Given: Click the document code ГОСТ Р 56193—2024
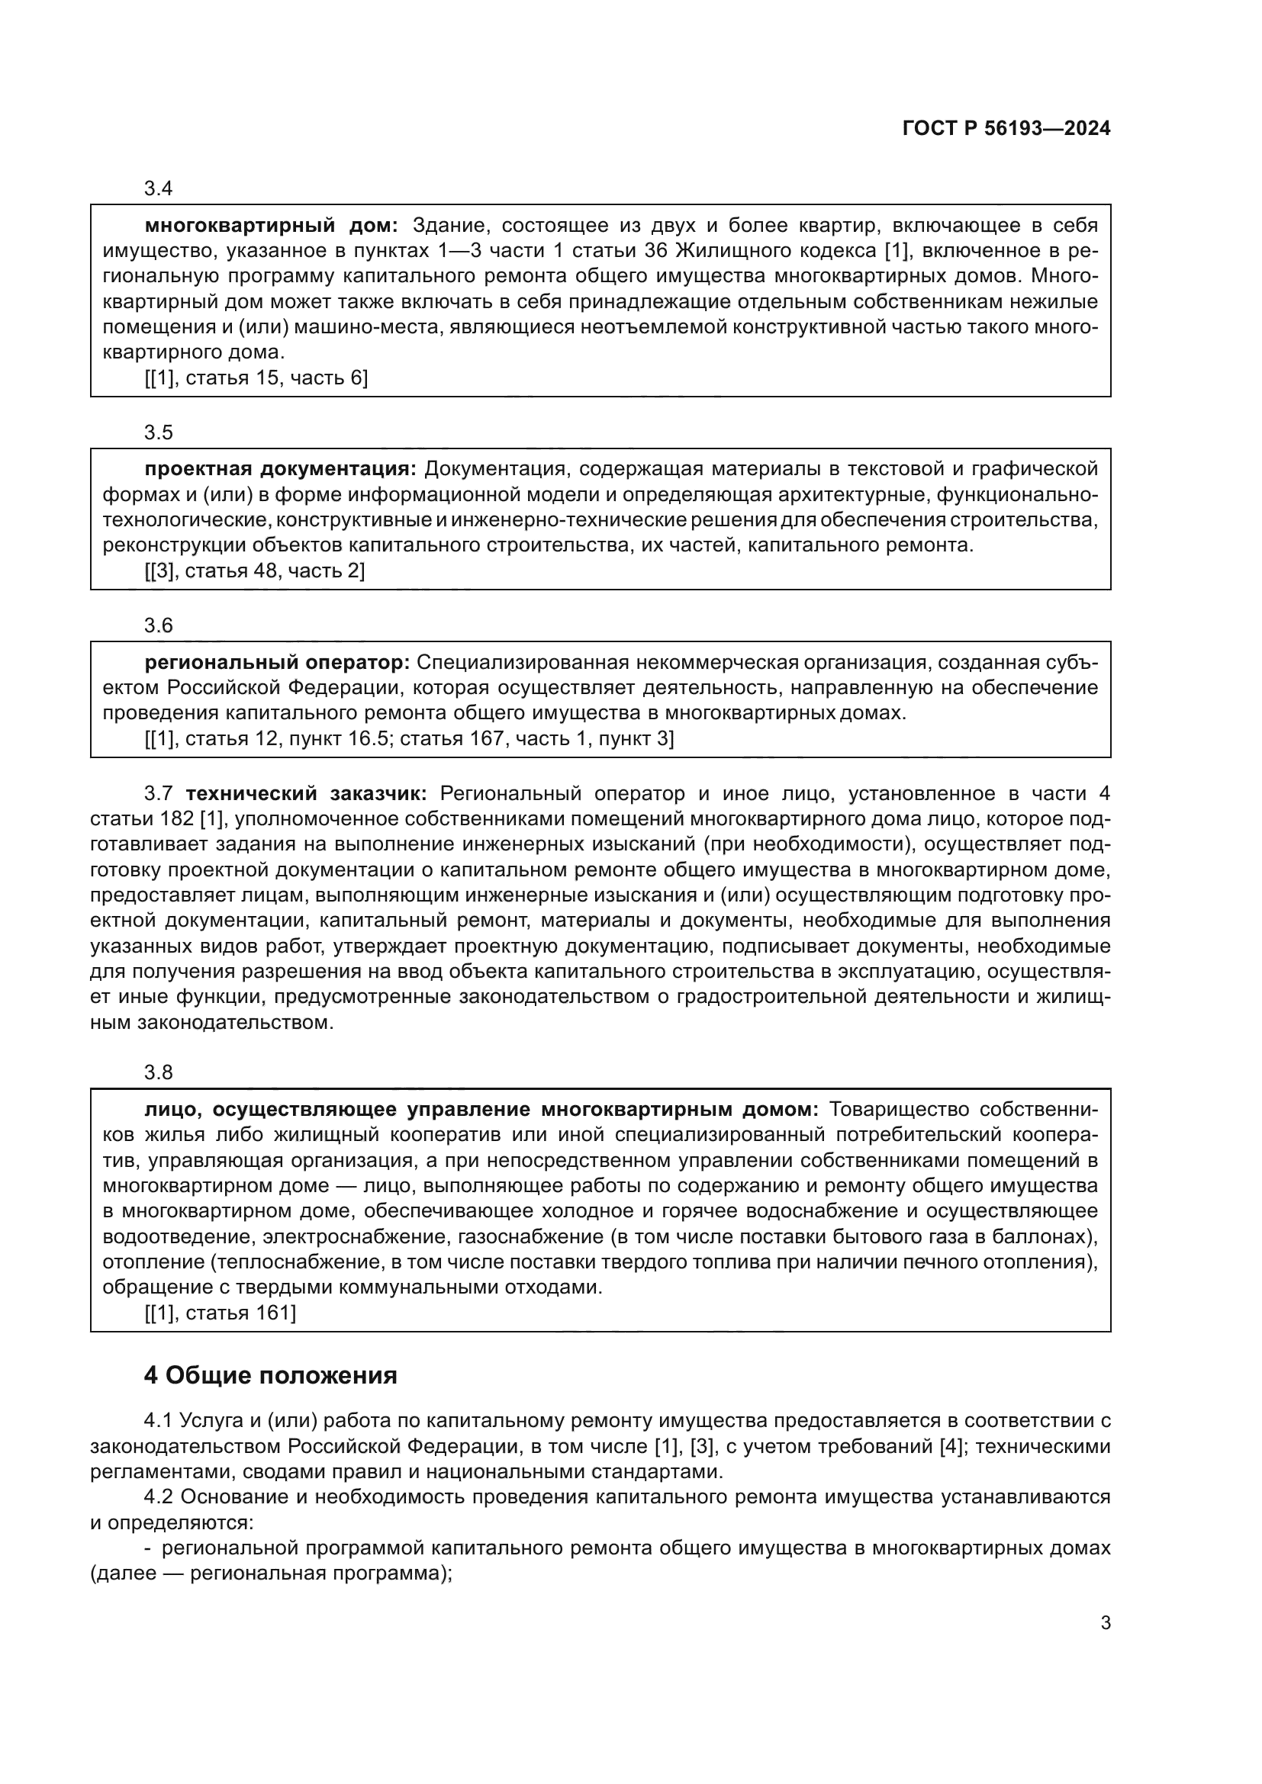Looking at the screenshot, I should point(1006,129).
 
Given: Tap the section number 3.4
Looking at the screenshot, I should point(158,189).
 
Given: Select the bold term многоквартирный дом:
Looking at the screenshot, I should point(271,226).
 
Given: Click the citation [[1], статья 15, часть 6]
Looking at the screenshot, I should point(256,378).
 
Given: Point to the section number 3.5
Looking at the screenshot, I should point(158,432).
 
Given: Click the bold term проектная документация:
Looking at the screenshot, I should point(281,469).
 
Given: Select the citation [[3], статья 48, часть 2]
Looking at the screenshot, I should point(254,571).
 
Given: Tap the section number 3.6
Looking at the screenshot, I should point(158,625).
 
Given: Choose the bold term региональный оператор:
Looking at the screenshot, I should point(277,662).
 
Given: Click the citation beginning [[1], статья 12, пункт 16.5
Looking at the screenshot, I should point(409,738).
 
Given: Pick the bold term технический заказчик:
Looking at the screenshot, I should point(306,793).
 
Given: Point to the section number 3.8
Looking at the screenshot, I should point(158,1073).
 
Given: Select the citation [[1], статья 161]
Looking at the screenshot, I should point(220,1313).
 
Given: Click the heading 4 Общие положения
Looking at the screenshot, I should point(270,1375).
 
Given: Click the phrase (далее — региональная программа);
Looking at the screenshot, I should point(271,1573).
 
